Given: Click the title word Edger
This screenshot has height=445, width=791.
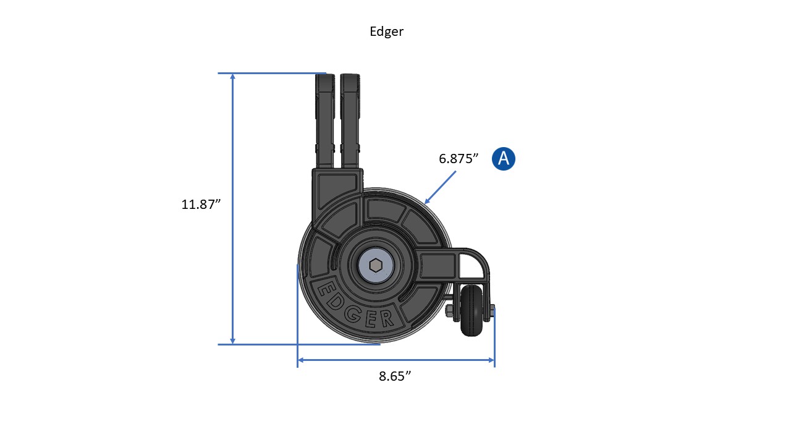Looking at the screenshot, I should point(386,32).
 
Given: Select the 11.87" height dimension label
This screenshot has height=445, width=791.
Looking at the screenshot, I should point(201,205).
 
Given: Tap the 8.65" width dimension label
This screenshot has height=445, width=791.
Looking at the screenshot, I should point(395,376).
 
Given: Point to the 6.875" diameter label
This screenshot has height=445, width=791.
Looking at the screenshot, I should point(459,158).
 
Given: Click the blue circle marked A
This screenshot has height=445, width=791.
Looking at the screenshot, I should point(504,159).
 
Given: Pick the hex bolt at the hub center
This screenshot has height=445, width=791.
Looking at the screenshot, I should point(376,266).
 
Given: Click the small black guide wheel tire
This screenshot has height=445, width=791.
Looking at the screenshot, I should point(473,310).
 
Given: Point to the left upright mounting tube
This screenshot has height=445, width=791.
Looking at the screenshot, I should point(324,121).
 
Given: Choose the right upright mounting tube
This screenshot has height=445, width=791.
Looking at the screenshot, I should point(349,121).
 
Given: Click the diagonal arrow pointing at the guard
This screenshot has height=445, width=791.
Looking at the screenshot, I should point(440,187).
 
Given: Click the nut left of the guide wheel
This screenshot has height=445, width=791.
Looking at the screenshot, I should point(449,310).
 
